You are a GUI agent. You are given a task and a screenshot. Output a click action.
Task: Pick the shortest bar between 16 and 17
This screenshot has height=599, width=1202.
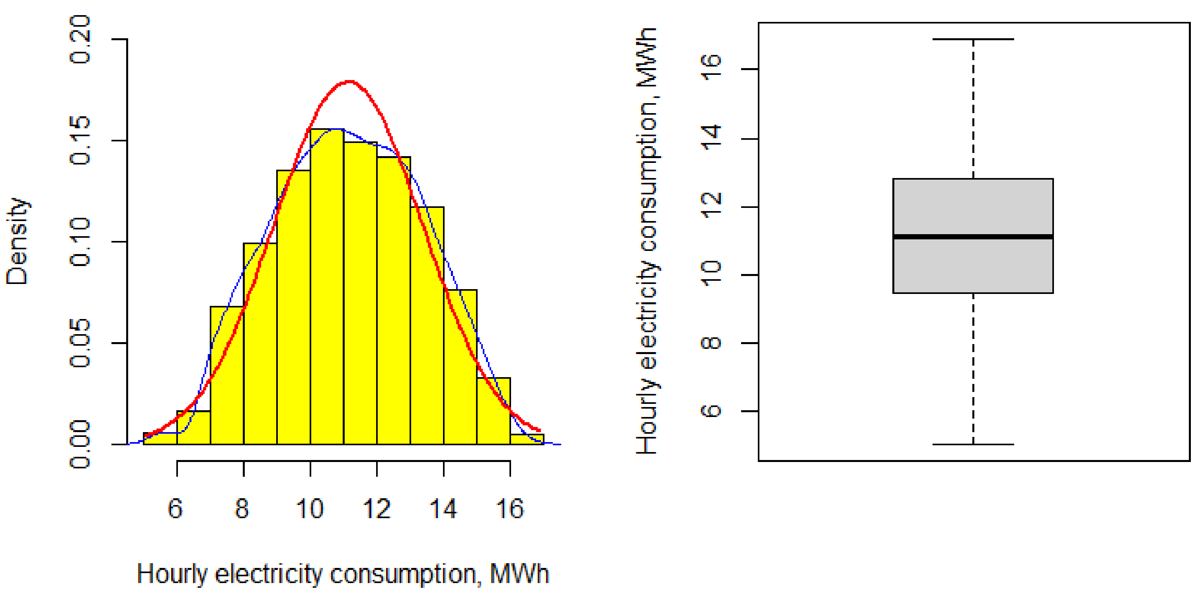pyautogui.click(x=527, y=439)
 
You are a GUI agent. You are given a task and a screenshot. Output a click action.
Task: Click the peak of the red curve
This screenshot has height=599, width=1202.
pyautogui.click(x=350, y=82)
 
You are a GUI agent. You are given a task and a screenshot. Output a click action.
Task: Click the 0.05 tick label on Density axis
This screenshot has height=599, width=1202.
pyautogui.click(x=80, y=343)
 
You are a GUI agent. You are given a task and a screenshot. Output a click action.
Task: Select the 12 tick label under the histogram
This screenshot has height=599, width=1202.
pyautogui.click(x=377, y=509)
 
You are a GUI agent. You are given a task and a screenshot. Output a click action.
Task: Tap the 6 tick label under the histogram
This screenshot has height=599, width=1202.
pyautogui.click(x=176, y=509)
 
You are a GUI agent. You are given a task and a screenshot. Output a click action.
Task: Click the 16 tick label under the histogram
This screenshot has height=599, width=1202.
pyautogui.click(x=509, y=509)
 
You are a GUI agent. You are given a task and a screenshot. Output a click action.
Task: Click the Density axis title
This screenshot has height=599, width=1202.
pyautogui.click(x=17, y=241)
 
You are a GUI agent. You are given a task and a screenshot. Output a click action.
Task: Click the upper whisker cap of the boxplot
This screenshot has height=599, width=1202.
pyautogui.click(x=973, y=39)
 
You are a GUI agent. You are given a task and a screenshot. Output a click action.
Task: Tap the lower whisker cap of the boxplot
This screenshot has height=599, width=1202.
pyautogui.click(x=973, y=444)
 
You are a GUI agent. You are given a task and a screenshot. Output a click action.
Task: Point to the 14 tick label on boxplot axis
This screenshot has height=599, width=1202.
pyautogui.click(x=711, y=139)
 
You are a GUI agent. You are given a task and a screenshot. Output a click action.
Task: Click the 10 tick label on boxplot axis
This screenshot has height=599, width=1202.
pyautogui.click(x=711, y=274)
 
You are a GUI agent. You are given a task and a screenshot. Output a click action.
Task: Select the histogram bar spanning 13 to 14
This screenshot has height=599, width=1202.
pyautogui.click(x=427, y=327)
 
